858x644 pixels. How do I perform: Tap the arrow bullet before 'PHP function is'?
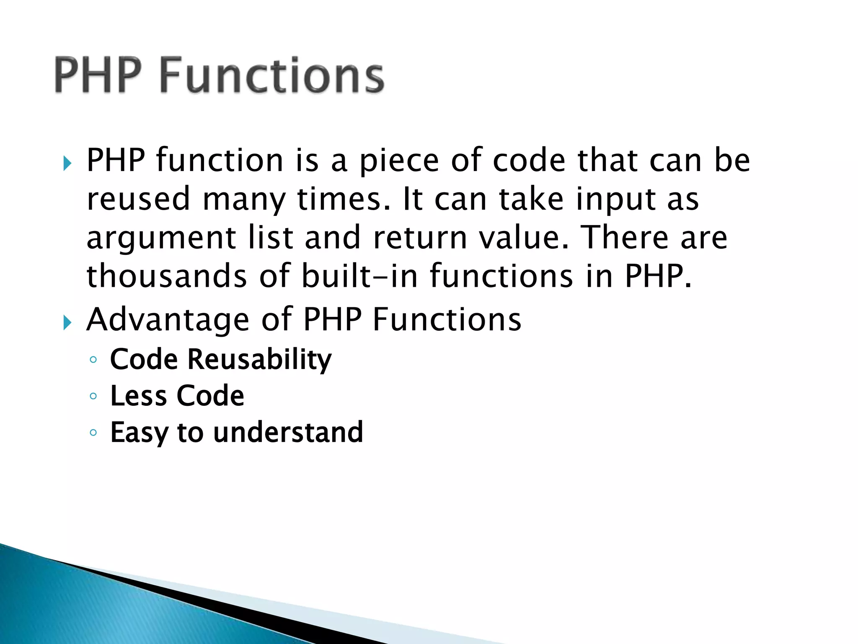pyautogui.click(x=67, y=163)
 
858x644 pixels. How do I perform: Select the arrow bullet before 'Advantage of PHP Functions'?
pyautogui.click(x=67, y=322)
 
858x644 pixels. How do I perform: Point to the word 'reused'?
pyautogui.click(x=139, y=199)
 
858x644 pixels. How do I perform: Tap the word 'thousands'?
pyautogui.click(x=167, y=276)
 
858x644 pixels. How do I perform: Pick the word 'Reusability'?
pyautogui.click(x=259, y=360)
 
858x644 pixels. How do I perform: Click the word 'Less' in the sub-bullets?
pyautogui.click(x=138, y=396)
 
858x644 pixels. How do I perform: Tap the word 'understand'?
pyautogui.click(x=288, y=432)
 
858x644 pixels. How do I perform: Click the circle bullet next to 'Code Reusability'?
pyautogui.click(x=93, y=359)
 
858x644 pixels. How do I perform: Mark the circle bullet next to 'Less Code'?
pyautogui.click(x=93, y=396)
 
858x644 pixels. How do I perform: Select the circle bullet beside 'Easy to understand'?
pyautogui.click(x=93, y=432)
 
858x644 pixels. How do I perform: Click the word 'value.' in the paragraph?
pyautogui.click(x=524, y=238)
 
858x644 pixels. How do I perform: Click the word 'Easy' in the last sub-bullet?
pyautogui.click(x=139, y=433)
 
